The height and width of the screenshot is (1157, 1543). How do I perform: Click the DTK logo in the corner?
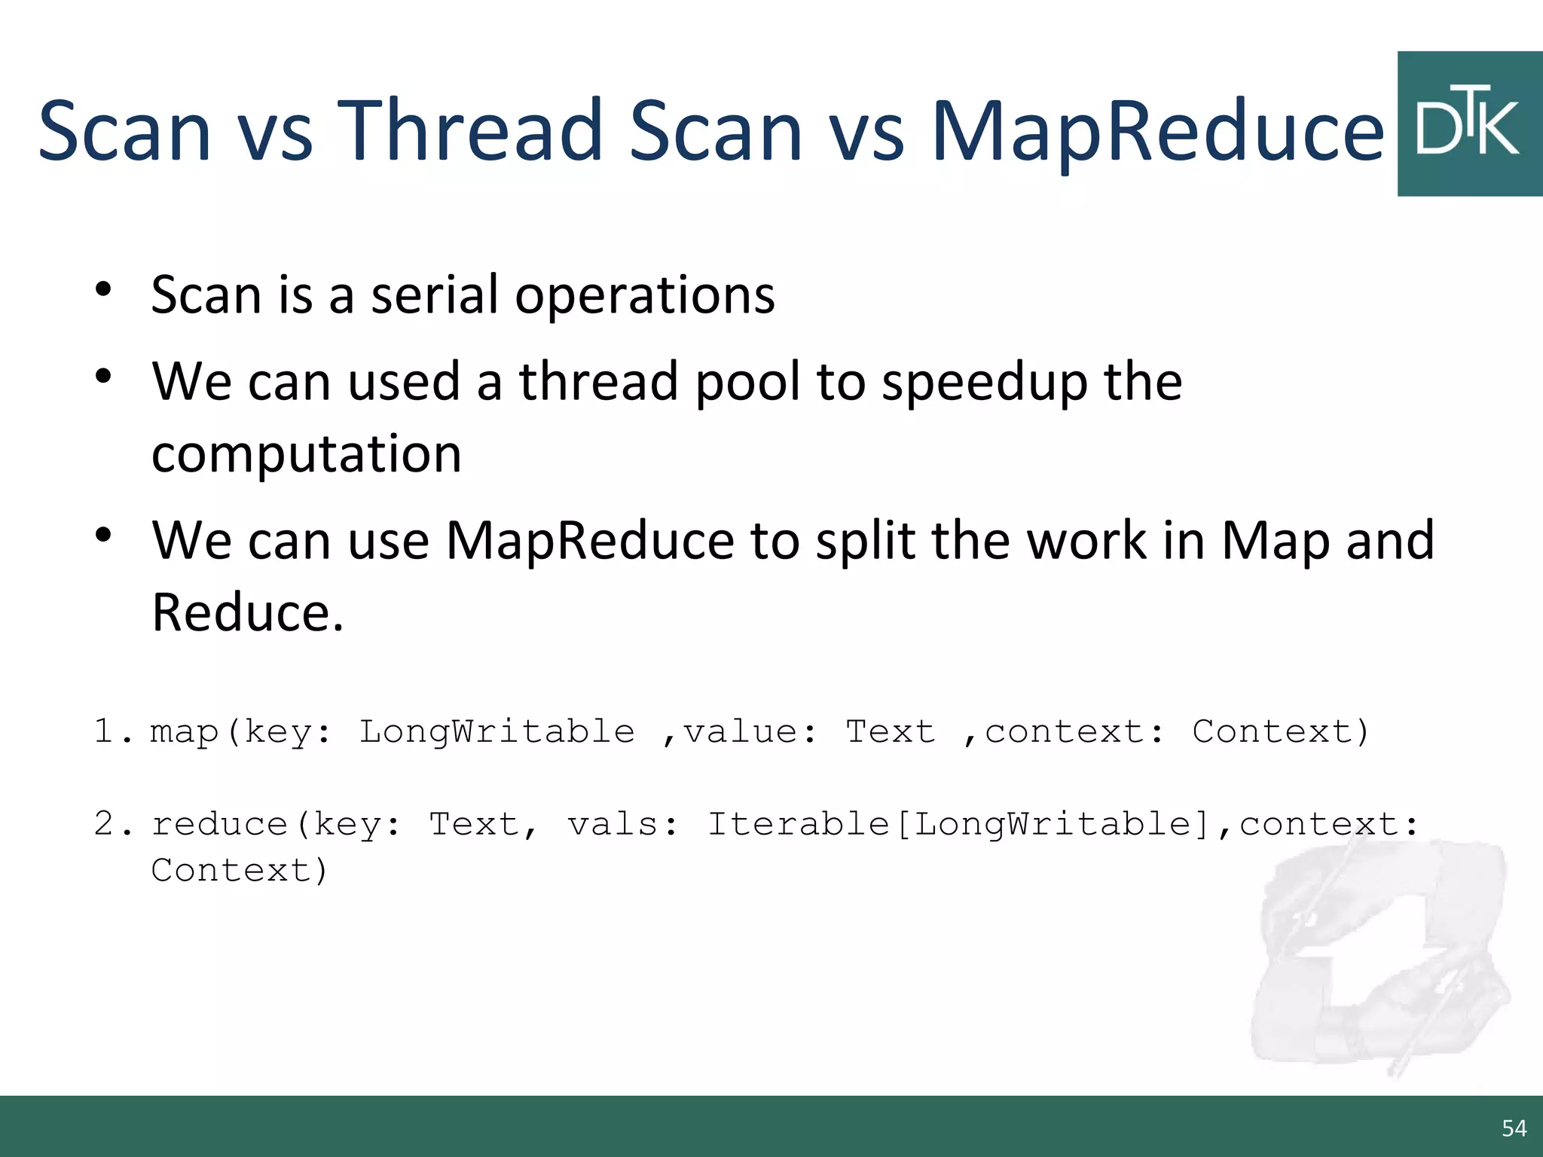[1469, 124]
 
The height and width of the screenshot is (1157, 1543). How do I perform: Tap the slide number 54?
[1514, 1128]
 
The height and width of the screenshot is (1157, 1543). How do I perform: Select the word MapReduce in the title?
[1157, 132]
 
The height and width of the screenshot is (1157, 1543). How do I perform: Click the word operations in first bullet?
[645, 296]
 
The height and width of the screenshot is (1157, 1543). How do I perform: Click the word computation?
[307, 455]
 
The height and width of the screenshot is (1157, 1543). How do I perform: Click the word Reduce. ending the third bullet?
[248, 612]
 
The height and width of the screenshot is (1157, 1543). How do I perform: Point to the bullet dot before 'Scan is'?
[104, 290]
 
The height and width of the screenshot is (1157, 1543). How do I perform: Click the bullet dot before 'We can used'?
[104, 377]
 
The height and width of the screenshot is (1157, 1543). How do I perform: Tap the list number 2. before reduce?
[112, 824]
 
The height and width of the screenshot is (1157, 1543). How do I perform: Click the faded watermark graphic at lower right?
[1379, 957]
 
